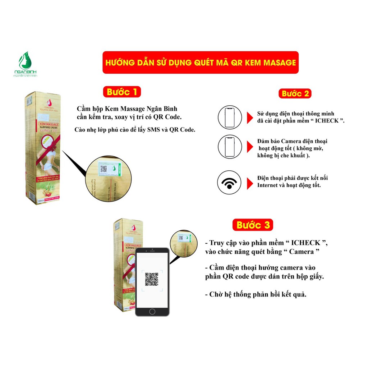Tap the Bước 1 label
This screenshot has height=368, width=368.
pos(121,92)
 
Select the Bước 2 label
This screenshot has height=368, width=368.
pos(295,94)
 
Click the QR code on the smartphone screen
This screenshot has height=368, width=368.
pos(152,279)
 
